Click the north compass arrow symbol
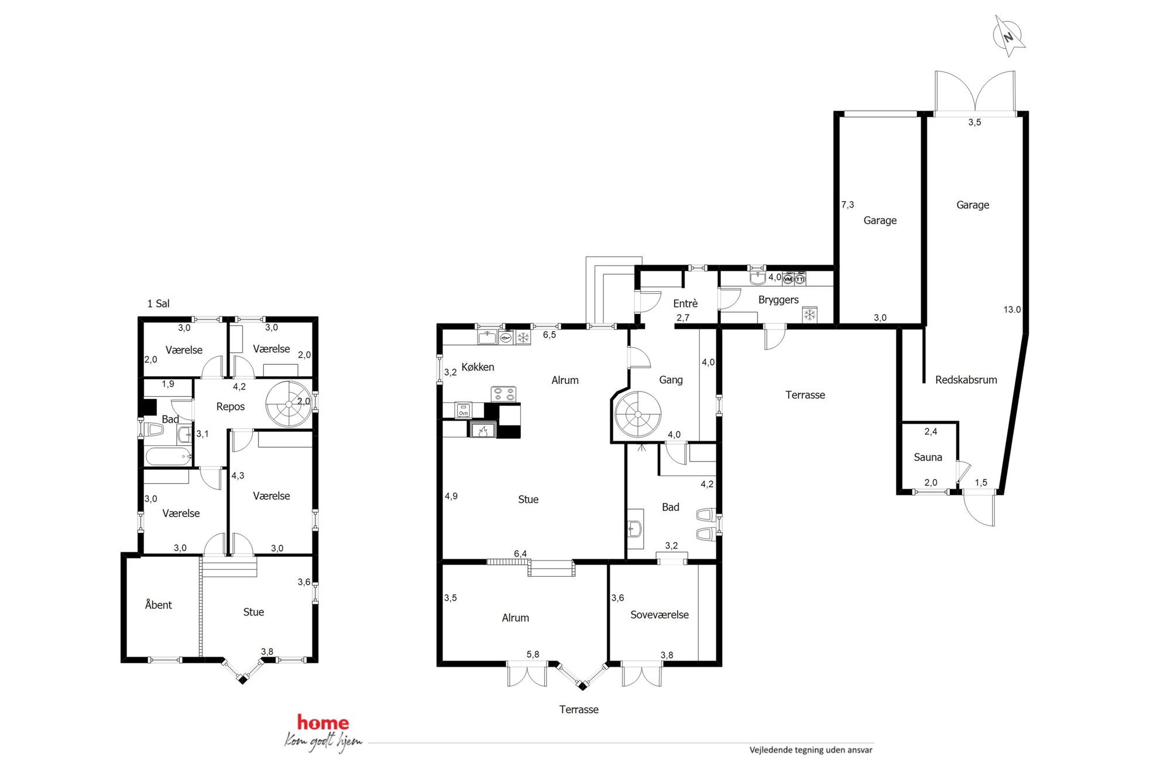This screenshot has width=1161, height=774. [1009, 36]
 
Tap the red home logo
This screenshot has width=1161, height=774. [323, 723]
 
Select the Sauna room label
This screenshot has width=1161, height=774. [928, 457]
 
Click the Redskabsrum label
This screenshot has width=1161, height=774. [966, 380]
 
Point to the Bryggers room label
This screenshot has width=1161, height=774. [778, 300]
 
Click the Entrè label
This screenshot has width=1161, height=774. [685, 304]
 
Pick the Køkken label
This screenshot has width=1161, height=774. [478, 367]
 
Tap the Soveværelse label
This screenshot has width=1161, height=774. [659, 615]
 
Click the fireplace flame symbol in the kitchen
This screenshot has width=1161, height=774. [483, 431]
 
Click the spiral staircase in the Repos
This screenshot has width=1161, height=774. [289, 404]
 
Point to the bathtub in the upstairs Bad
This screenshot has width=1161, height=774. [169, 456]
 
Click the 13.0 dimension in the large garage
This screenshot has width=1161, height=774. [1012, 309]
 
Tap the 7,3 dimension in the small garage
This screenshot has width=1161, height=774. [847, 205]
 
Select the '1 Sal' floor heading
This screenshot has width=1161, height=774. [158, 304]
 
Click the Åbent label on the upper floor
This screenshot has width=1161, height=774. [158, 604]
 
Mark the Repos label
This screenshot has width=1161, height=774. [230, 407]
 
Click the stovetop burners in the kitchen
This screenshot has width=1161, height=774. [503, 394]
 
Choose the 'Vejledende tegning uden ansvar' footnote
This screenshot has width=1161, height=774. [810, 750]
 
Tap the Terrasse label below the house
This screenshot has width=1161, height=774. [579, 710]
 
